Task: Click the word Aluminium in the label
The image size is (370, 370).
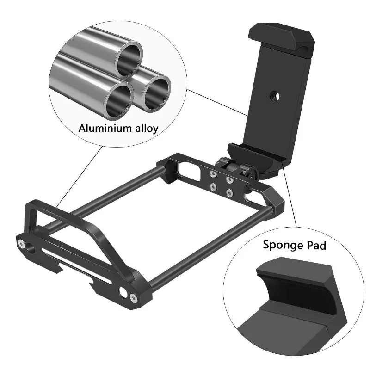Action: tap(105, 129)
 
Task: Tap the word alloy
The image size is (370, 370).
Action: tap(147, 129)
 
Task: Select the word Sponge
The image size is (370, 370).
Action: tap(283, 246)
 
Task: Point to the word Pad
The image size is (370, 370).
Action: tap(316, 245)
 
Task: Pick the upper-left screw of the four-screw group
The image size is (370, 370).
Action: tap(213, 174)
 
